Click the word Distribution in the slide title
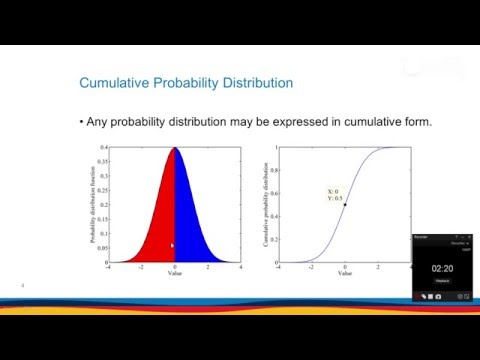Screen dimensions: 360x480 [248, 82]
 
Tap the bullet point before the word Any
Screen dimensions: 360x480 [80, 122]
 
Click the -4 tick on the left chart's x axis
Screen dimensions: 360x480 [109, 268]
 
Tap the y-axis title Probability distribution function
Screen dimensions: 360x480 [93, 205]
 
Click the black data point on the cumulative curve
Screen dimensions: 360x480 [344, 205]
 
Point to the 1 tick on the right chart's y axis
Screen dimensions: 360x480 [272, 148]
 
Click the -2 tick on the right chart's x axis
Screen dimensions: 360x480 [311, 268]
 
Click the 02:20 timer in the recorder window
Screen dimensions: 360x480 [443, 268]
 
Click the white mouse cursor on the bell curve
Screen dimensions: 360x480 [172, 245]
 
